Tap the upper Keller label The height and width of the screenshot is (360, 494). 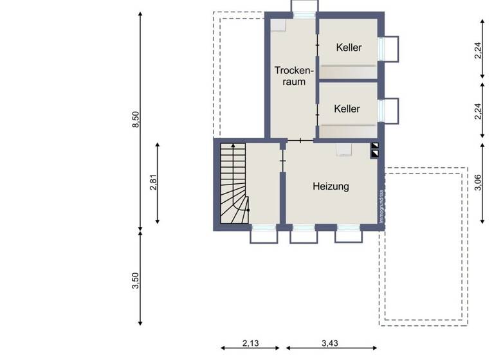pos(349,48)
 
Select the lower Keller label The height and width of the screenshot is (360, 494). pos(347,109)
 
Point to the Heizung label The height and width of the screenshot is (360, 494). pos(331,186)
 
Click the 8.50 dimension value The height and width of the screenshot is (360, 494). pos(136,120)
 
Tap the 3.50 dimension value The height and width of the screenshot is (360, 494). pos(136,281)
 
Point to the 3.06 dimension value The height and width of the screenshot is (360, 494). pos(477,183)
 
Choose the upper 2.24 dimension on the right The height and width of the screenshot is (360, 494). pos(477,50)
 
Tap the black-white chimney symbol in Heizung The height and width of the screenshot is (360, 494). pos(375,150)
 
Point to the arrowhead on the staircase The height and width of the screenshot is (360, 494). pos(233,146)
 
